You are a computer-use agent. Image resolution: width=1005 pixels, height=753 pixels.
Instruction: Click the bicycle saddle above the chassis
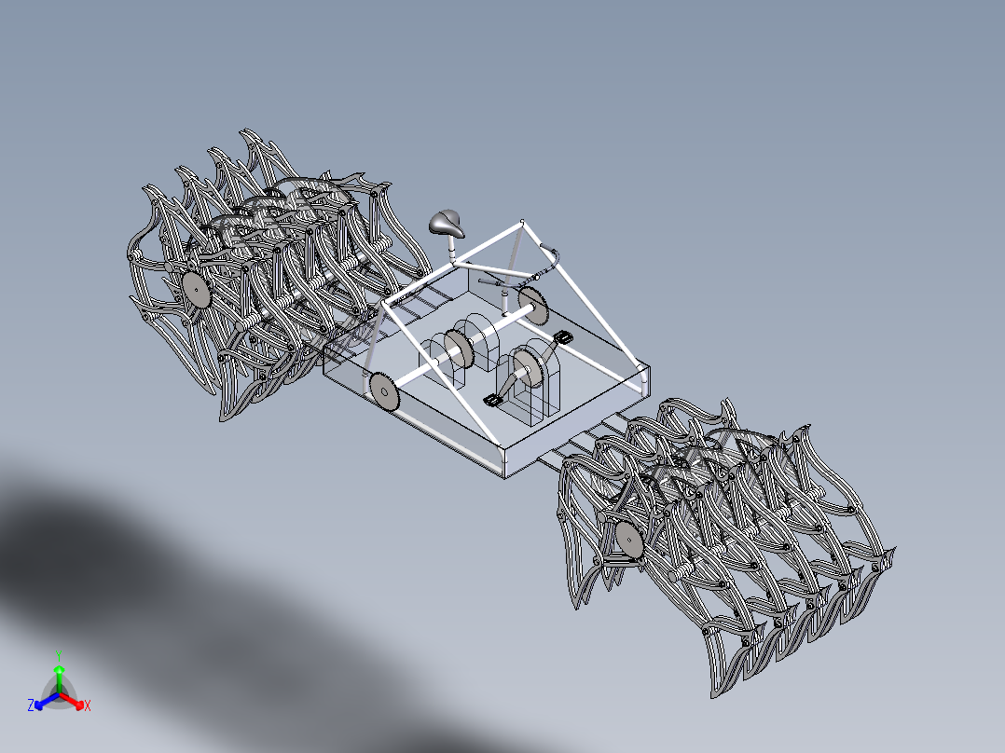[x=447, y=224]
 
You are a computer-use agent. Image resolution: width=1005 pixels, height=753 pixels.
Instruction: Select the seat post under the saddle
[x=452, y=249]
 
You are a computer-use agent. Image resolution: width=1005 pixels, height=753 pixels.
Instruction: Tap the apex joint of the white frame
[x=523, y=222]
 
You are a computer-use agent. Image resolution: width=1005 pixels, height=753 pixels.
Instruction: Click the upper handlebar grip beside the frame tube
[x=550, y=251]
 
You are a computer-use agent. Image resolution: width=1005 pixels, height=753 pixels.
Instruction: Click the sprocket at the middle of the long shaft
[x=458, y=349]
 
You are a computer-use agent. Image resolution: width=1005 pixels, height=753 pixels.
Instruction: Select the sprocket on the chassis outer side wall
[x=382, y=390]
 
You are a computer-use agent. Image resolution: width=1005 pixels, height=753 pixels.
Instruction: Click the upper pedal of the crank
[x=563, y=336]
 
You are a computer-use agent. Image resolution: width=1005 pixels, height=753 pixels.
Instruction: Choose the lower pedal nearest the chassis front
[x=492, y=401]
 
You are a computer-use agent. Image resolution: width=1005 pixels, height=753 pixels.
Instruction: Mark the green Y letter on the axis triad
[x=58, y=653]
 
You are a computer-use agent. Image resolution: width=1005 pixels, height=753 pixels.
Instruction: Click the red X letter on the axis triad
[x=88, y=706]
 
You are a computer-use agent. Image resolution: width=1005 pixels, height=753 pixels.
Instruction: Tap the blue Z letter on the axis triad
[x=31, y=706]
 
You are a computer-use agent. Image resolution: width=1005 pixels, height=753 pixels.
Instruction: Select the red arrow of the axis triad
[x=76, y=704]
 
